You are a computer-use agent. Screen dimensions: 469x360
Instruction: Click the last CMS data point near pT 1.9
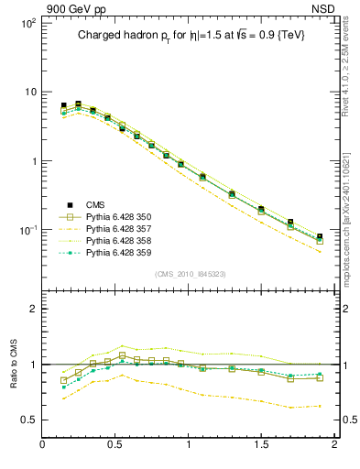pos(320,237)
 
